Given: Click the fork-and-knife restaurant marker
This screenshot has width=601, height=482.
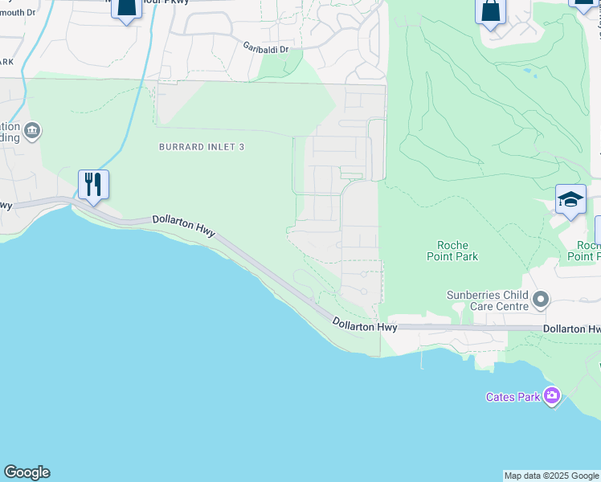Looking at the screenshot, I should click(x=94, y=185).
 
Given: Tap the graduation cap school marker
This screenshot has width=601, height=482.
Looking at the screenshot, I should click(x=570, y=200).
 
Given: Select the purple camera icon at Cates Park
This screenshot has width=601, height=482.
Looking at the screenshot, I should click(x=551, y=396).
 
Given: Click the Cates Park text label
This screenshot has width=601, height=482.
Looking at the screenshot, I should click(x=513, y=397).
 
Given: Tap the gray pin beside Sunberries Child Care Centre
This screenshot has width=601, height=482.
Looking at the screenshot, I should click(x=541, y=300).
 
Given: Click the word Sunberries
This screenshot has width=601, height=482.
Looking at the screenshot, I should click(x=475, y=295).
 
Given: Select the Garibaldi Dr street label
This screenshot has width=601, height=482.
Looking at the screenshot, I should click(x=265, y=48).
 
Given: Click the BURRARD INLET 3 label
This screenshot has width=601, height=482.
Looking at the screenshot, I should click(x=201, y=147).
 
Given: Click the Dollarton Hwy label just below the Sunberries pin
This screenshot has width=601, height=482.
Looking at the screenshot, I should click(x=571, y=329).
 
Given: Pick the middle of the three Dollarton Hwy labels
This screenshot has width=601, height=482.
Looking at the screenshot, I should click(x=366, y=325).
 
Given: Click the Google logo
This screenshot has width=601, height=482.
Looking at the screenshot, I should click(x=27, y=472).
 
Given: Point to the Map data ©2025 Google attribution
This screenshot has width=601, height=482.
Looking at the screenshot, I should click(x=551, y=476).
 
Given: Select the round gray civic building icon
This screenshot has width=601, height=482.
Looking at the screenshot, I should click(x=32, y=131).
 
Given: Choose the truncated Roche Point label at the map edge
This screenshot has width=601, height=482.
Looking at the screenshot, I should click(x=589, y=251).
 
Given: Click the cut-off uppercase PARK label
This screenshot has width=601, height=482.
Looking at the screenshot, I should click(x=7, y=62).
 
